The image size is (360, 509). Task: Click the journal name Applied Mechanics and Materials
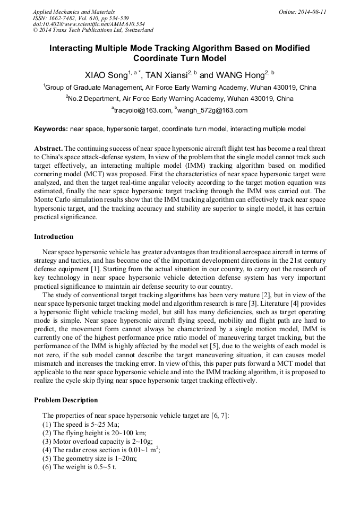tap(73, 11)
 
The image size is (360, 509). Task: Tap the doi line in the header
tap(89, 24)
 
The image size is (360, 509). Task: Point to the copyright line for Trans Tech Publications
tap(93, 30)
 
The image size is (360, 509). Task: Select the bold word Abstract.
tap(48, 149)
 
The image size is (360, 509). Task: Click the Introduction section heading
tap(54, 236)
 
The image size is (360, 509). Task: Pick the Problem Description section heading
tap(66, 400)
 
